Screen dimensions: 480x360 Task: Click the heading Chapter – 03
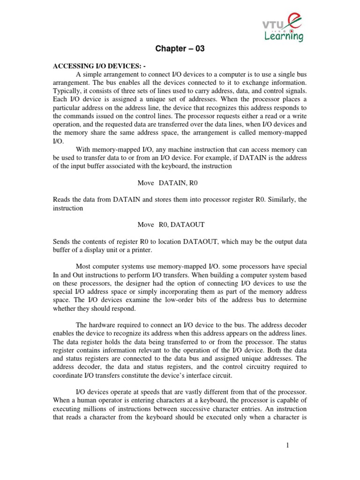pyautogui.click(x=180, y=49)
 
